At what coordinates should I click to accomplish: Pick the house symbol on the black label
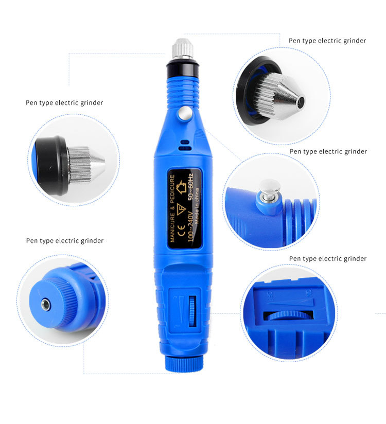click(183, 184)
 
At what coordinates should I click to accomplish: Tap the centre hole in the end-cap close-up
click(46, 305)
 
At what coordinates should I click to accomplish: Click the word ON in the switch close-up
click(309, 292)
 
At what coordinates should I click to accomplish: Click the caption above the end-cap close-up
click(65, 241)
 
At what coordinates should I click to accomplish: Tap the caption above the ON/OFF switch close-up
click(328, 258)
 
